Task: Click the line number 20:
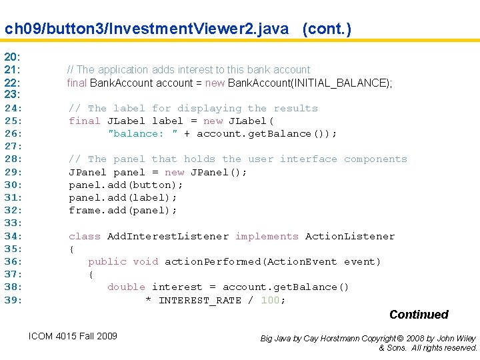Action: coord(13,57)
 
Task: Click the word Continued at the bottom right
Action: coord(419,315)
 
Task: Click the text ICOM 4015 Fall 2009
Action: coord(73,336)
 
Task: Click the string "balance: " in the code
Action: coord(143,133)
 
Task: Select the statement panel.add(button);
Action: coord(126,185)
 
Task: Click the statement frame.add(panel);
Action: coord(123,210)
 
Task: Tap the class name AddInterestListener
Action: coord(168,236)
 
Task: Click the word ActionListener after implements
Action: coord(350,236)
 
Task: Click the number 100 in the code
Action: coord(270,300)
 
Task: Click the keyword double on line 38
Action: coord(127,287)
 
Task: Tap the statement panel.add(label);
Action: coord(123,197)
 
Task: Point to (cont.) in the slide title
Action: coord(327,29)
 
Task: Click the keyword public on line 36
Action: coord(107,261)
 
